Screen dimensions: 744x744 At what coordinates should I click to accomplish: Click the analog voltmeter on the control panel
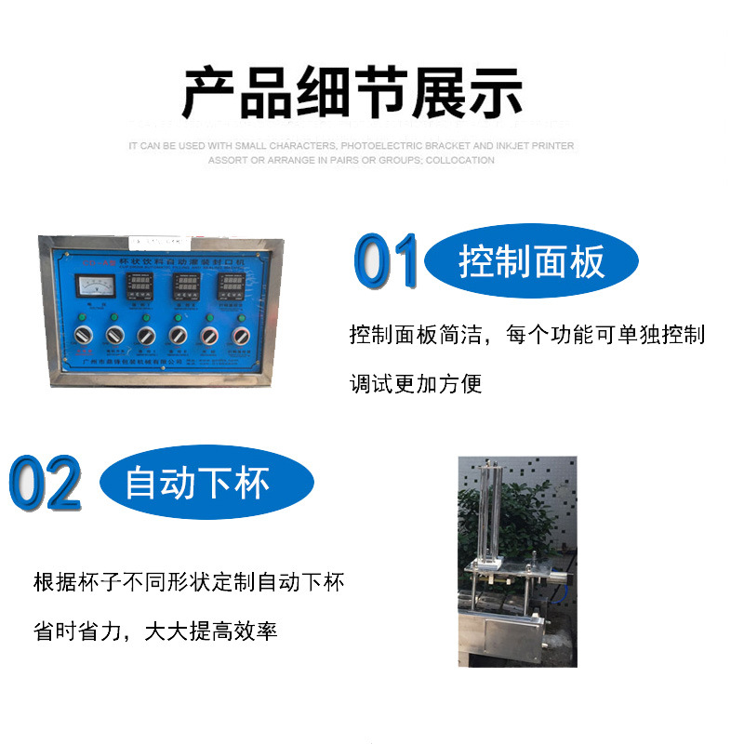point(95,290)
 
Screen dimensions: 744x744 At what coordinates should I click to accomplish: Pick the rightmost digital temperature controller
point(230,290)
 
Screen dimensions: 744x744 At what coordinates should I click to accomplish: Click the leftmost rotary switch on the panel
point(83,335)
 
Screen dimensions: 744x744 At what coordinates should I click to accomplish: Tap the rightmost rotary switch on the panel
point(241,335)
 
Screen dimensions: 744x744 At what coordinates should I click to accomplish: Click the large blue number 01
point(386,262)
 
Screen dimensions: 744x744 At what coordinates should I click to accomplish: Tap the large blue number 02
point(45,483)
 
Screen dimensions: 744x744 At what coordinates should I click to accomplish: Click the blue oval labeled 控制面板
point(531,262)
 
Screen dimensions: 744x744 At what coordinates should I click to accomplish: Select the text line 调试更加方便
point(416,383)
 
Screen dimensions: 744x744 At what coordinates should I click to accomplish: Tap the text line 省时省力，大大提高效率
point(155,631)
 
